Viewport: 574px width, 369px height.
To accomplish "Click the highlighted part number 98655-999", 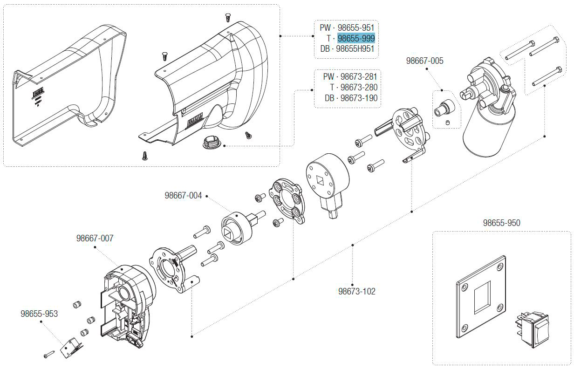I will point(356,38).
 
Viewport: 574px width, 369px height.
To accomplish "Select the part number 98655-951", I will point(356,28).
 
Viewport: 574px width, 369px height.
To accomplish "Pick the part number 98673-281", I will point(359,76).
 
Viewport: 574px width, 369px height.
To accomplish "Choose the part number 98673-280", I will point(359,87).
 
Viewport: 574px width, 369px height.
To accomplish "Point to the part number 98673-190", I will point(359,98).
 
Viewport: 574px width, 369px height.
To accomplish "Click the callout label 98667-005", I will point(424,61).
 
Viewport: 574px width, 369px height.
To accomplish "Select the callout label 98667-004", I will point(183,196).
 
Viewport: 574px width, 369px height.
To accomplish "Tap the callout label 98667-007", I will point(95,238).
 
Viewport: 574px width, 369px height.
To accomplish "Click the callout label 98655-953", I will point(39,314).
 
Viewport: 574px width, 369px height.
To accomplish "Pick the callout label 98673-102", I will point(356,292).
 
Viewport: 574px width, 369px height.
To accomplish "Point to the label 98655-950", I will point(501,223).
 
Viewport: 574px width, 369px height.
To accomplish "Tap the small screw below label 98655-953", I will point(49,355).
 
